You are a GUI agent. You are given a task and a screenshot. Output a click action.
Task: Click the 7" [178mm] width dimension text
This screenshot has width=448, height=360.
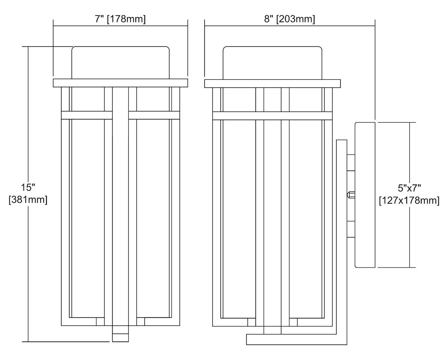120,19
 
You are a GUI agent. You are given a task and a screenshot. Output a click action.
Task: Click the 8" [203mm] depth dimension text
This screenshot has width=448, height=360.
289,19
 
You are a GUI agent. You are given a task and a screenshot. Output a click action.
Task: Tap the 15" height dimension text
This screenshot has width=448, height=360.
28,188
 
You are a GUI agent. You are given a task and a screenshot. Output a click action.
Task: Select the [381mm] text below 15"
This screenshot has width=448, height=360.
28,200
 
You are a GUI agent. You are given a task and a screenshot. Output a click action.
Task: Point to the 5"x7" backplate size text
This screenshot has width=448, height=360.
409,188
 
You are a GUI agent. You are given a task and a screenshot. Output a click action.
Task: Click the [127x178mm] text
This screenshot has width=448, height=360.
409,200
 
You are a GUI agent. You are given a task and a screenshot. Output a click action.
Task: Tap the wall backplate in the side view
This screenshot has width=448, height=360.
365,195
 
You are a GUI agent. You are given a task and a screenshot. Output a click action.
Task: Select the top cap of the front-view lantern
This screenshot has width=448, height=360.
121,62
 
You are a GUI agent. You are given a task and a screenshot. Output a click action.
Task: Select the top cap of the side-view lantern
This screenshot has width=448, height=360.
272,62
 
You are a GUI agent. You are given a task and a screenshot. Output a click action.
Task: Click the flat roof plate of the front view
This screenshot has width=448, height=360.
120,83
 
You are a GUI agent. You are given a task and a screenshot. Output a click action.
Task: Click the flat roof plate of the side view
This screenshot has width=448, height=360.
272,83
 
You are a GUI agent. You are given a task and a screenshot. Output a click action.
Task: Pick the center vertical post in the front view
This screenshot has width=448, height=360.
120,209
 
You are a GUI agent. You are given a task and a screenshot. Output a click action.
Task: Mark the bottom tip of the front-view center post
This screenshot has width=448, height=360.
120,338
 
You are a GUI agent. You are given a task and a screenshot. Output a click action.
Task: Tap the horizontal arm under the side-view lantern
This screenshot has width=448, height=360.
296,339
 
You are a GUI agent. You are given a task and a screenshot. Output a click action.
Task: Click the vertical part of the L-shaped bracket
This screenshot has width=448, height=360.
342,239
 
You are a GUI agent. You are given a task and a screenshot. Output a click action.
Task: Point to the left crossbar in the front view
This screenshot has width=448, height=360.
87,115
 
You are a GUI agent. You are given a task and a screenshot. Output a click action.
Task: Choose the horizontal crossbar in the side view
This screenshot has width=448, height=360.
272,116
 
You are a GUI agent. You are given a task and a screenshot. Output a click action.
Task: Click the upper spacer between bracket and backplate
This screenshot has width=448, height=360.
351,163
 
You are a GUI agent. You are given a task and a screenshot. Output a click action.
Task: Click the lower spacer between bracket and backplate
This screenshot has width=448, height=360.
351,229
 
